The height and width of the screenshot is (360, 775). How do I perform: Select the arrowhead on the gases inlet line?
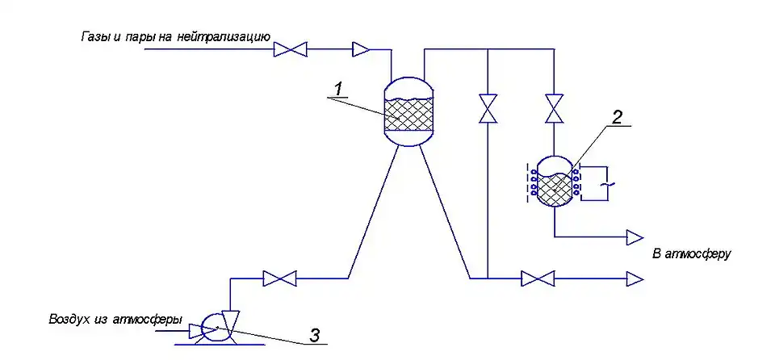(361, 50)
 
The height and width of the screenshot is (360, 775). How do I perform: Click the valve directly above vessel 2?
(554, 109)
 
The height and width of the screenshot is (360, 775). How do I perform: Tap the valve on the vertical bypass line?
(488, 109)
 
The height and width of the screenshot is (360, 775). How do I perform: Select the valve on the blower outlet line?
(279, 279)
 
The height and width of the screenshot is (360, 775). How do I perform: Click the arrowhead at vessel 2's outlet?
(635, 237)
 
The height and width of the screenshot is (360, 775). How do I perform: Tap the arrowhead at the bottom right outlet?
(635, 279)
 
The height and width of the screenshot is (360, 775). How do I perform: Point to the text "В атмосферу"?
(691, 254)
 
